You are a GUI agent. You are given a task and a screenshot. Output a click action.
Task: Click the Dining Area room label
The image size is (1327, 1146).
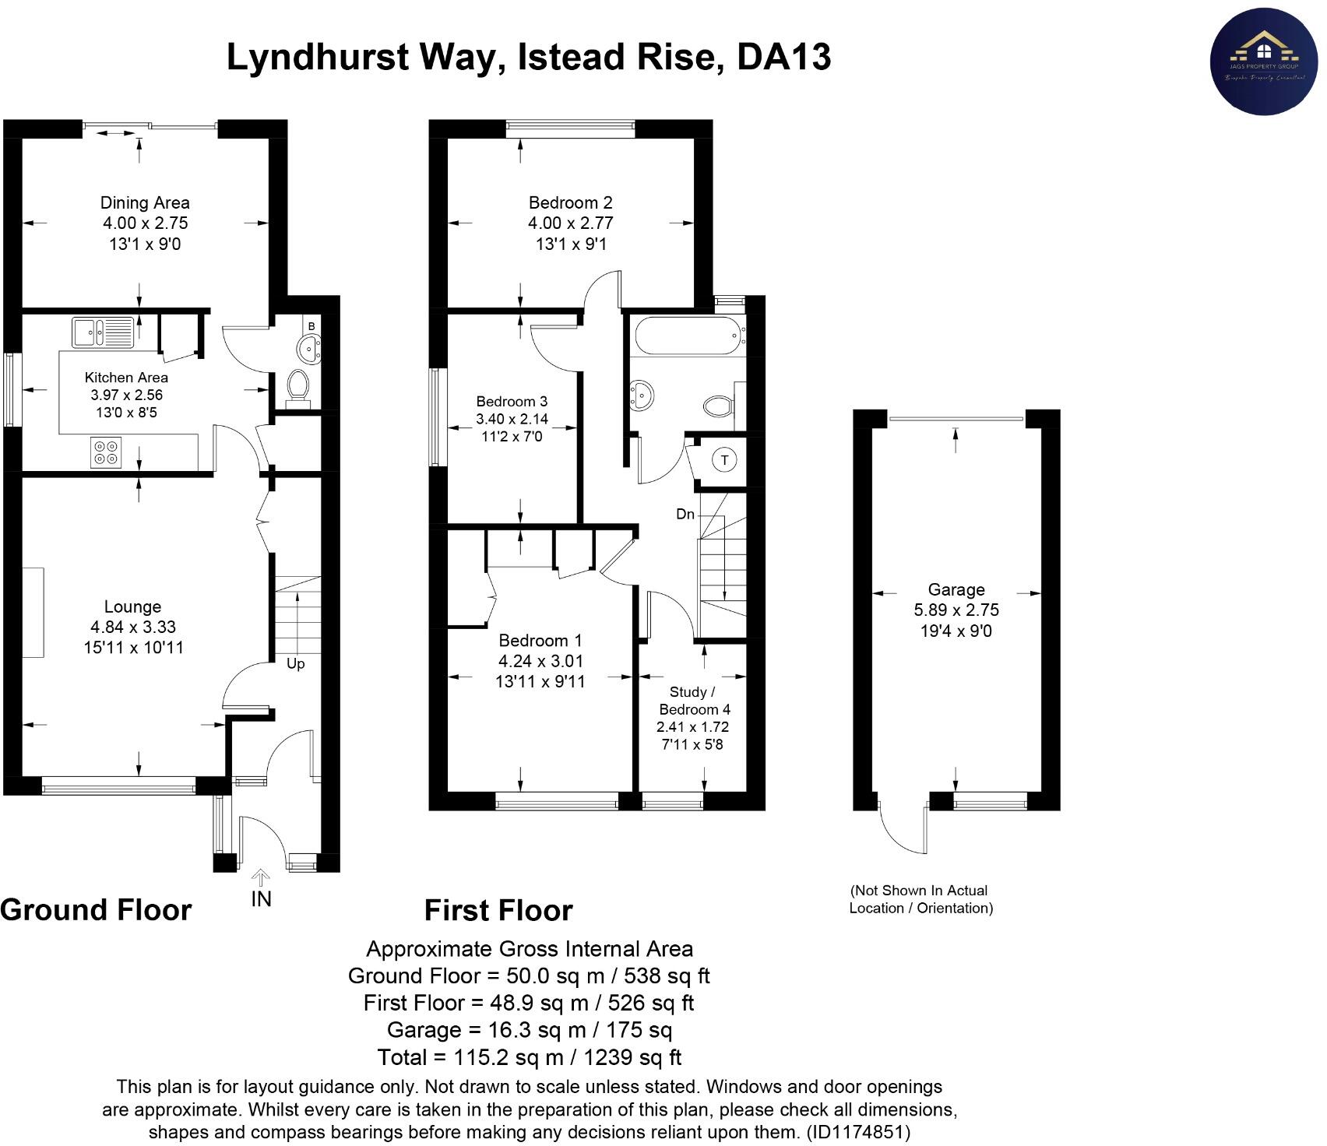[x=145, y=202]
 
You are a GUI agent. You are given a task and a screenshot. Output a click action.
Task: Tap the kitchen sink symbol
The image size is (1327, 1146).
[x=103, y=332]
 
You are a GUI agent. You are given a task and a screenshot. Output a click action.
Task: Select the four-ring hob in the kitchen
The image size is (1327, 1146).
[x=107, y=453]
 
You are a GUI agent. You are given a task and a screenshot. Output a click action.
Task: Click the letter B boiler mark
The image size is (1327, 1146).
[x=311, y=325]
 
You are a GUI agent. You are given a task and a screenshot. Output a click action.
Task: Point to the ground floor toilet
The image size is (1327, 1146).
[x=298, y=387]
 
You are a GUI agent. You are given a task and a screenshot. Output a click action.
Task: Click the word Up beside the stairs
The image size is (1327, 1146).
[x=295, y=664]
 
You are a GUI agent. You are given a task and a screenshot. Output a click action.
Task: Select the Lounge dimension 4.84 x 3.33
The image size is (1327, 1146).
[x=133, y=627]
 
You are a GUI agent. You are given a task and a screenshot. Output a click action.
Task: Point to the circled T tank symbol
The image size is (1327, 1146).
[x=724, y=460]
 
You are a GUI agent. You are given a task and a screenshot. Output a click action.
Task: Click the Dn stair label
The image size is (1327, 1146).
[x=685, y=514]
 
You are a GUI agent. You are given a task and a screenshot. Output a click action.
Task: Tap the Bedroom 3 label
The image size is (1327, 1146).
[x=512, y=402]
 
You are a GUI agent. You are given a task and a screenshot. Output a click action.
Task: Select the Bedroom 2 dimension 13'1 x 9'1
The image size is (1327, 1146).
[x=571, y=244]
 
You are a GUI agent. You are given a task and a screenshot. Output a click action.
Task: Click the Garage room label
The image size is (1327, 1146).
[x=956, y=589]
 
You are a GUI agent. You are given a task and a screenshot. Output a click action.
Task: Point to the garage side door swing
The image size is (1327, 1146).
[x=903, y=827]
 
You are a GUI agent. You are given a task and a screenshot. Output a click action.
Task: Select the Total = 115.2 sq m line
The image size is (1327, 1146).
[x=529, y=1057]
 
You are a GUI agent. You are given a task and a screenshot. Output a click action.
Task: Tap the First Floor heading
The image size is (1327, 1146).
[x=498, y=910]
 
